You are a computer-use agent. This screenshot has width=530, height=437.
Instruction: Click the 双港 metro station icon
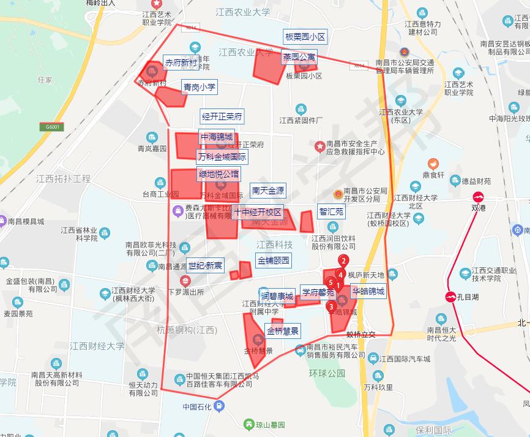[479, 197]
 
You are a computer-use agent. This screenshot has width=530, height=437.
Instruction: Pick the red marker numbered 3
[331, 306]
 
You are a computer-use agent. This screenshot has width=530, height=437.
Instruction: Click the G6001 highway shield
[54, 127]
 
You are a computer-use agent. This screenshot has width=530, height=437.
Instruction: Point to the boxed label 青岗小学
[200, 88]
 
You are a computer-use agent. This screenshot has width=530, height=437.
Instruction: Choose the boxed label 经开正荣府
[222, 116]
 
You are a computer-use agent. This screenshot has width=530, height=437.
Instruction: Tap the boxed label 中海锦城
[216, 137]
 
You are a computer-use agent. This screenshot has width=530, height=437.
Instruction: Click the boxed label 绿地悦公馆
[218, 174]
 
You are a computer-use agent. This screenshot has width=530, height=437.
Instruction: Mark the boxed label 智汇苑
[332, 211]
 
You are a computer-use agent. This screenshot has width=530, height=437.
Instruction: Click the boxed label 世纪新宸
[206, 265]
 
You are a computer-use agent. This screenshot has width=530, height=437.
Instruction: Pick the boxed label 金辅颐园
[274, 260]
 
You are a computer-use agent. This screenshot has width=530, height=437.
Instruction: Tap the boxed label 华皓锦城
[368, 292]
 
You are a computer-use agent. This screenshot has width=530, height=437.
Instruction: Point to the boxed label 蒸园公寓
[299, 57]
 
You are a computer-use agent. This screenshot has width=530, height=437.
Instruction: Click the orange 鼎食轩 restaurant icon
[433, 164]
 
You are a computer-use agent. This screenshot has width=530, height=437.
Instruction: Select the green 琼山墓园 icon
[248, 424]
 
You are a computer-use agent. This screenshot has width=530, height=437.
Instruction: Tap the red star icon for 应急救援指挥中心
[319, 146]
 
